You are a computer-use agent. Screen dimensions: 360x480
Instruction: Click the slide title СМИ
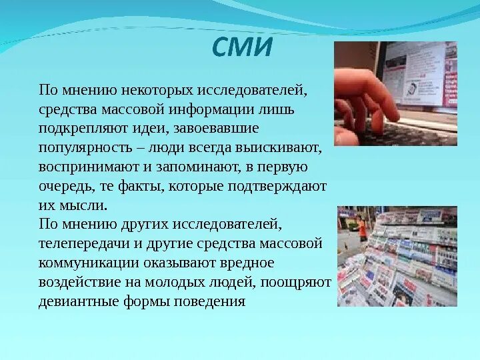[242, 48]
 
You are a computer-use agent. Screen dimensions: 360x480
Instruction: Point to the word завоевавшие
[223, 127]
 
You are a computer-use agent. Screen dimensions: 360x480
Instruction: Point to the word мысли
[84, 205]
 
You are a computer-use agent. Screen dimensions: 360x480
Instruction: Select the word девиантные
[83, 301]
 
